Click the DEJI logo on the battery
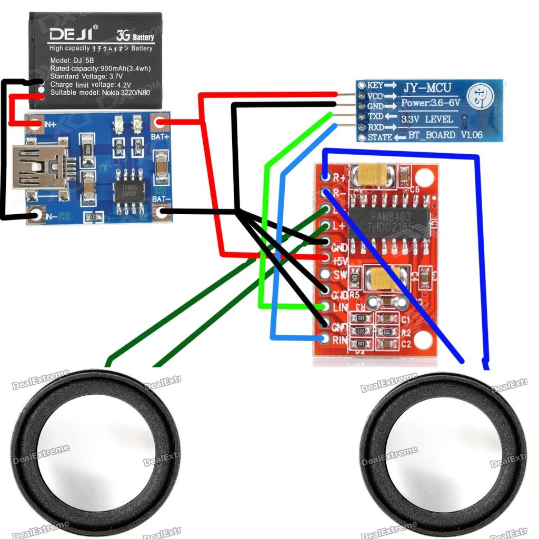(71, 35)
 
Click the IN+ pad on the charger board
(36, 124)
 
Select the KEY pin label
(375, 85)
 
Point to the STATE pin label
(380, 137)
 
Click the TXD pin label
(375, 116)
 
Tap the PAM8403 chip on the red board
(390, 221)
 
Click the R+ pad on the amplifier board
(326, 177)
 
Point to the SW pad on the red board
(326, 275)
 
